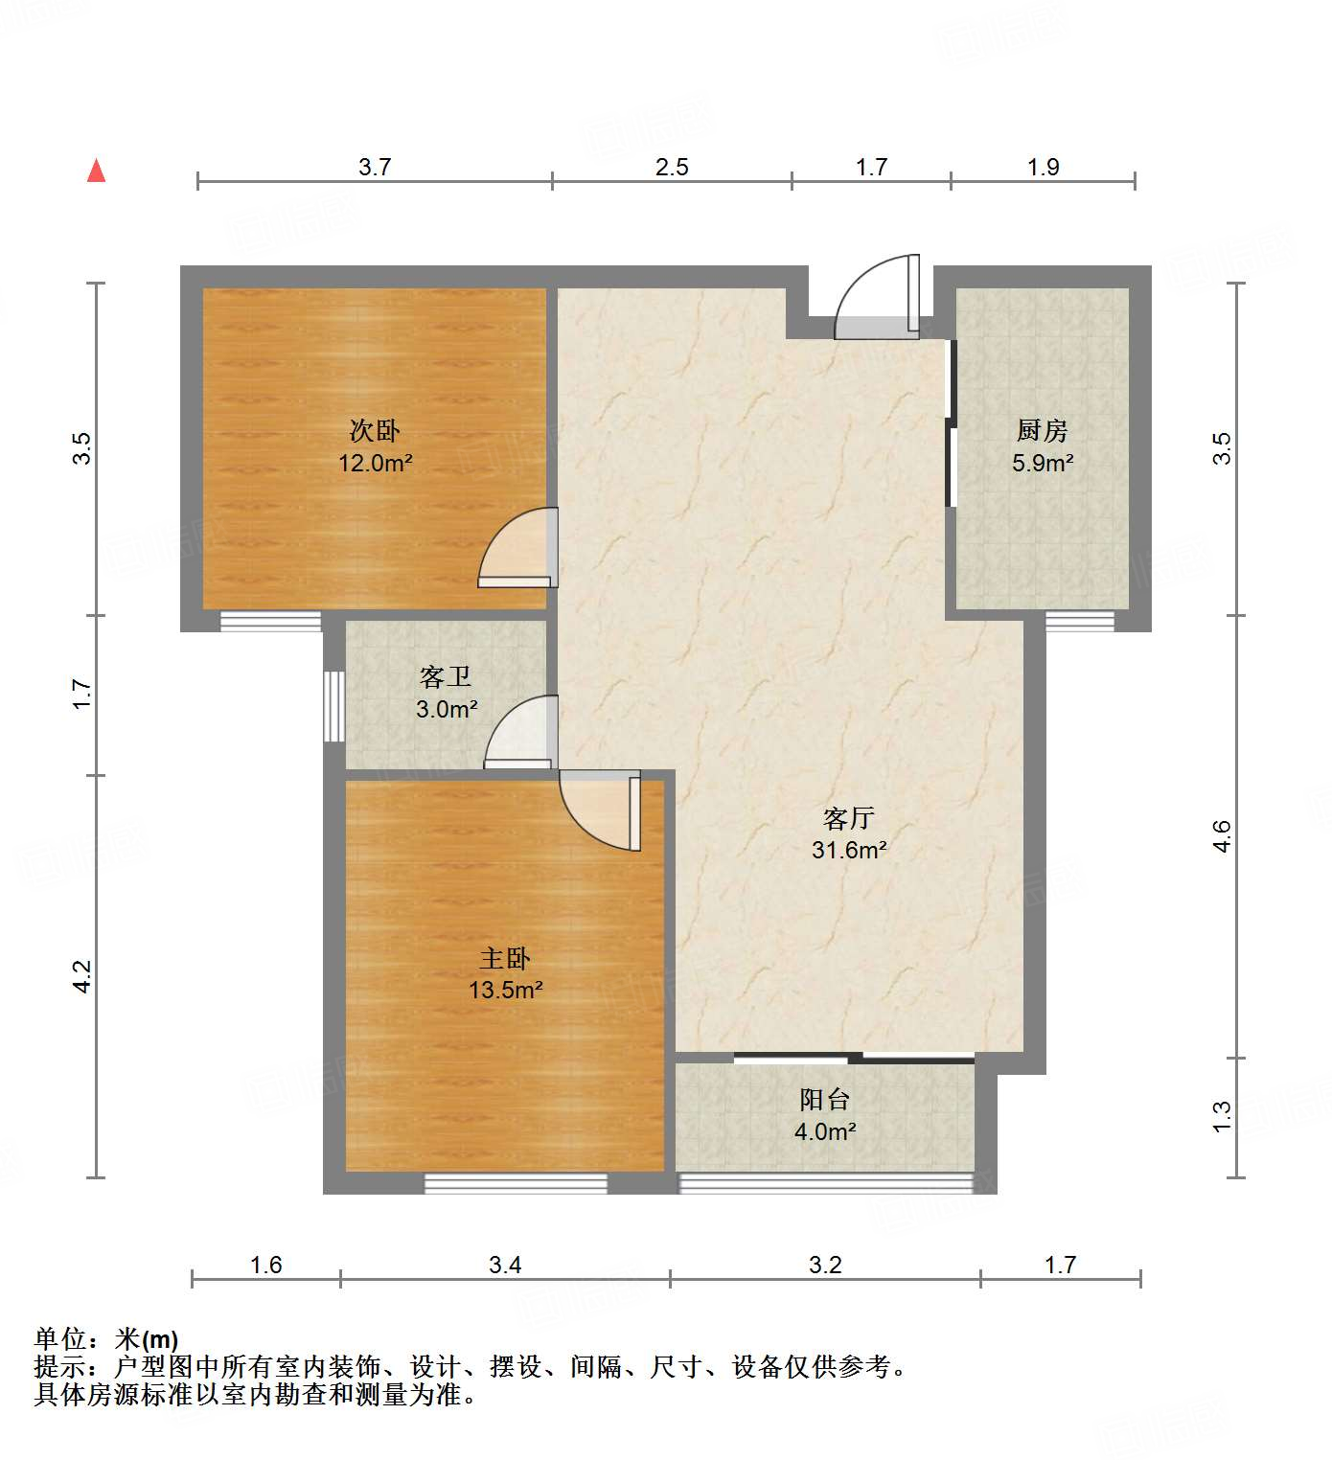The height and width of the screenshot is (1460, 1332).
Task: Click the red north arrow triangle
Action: pos(96,171)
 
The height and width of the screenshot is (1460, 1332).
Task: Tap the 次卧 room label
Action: pos(375,430)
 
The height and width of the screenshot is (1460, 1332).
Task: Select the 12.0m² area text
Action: pos(375,464)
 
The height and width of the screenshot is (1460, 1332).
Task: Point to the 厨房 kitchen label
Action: pos(1043,430)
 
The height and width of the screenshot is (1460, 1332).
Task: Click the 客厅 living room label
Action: pos(849,818)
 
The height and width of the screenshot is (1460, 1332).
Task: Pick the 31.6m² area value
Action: pos(849,850)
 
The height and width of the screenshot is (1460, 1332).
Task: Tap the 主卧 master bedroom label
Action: pos(505,958)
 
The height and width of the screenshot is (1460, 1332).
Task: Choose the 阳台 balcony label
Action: pos(825,1099)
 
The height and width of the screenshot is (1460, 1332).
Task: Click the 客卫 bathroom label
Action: pos(447,677)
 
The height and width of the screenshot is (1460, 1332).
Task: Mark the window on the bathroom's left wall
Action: pos(333,706)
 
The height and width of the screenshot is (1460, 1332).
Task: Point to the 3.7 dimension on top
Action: pos(375,167)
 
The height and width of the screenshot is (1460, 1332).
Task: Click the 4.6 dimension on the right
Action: pos(1221,835)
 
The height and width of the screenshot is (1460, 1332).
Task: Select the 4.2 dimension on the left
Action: pos(82,976)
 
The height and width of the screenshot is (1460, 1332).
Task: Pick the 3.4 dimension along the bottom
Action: pos(505,1265)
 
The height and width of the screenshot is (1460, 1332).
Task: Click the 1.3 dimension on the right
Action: pos(1221,1117)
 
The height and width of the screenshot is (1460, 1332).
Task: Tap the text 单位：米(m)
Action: pos(106,1338)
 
